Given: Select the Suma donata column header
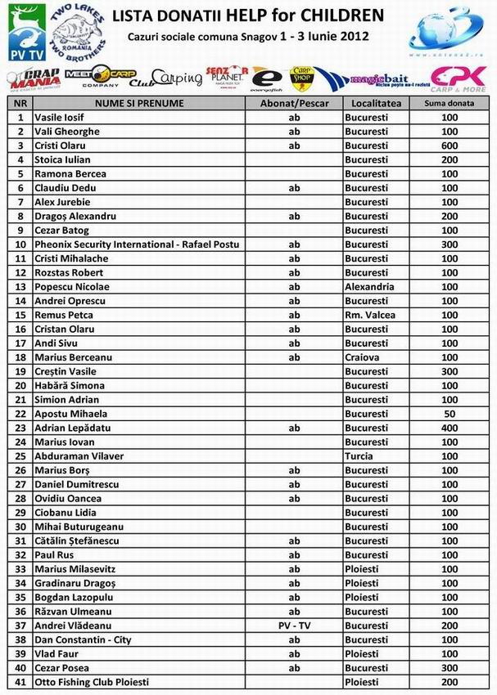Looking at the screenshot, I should click(450, 104).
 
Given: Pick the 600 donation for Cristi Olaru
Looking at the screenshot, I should click(450, 146).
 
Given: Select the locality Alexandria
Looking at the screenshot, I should click(369, 287).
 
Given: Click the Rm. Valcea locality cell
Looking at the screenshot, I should click(369, 315).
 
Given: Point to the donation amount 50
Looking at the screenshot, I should click(450, 414).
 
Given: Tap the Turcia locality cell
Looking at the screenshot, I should click(359, 456).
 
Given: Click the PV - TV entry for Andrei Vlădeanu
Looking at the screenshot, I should click(295, 625).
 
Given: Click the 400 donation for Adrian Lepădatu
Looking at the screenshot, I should click(450, 428).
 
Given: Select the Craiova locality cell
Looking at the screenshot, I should click(362, 357).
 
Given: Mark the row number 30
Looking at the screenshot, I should click(20, 527).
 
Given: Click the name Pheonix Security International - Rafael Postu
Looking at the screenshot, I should click(137, 244).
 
